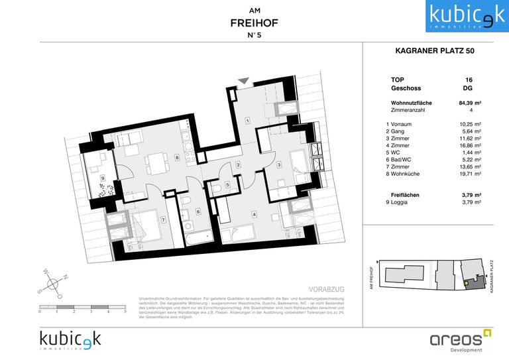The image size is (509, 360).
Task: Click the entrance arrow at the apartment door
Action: point(244,81)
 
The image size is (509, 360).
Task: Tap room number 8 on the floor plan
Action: point(178,157)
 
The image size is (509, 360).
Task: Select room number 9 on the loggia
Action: point(103,178)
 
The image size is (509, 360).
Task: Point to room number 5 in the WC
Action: point(227,185)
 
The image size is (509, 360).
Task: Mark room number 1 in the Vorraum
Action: point(247,121)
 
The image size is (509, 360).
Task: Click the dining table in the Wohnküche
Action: point(156,161)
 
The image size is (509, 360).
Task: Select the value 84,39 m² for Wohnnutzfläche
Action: point(470,103)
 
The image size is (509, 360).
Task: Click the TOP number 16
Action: point(469,80)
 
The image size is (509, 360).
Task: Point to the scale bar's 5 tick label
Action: point(125,311)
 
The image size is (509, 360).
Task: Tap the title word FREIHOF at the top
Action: point(254,23)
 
